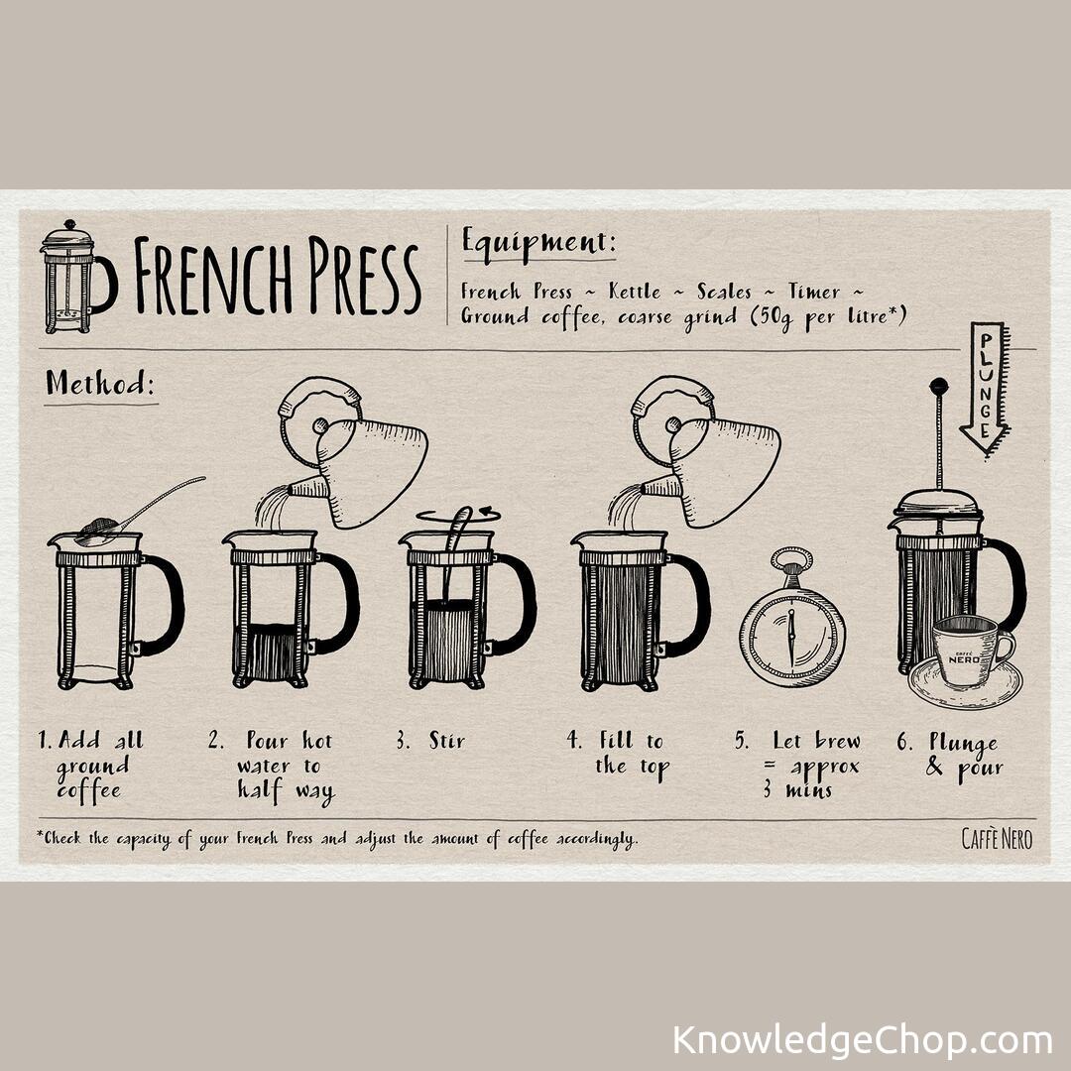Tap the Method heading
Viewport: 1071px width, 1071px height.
[x=100, y=383]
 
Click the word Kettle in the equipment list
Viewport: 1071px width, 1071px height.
[x=635, y=292]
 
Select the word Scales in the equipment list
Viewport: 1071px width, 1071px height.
[x=724, y=292]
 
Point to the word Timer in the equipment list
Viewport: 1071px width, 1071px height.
[x=813, y=292]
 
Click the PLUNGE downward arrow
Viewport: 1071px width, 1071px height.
[x=986, y=390]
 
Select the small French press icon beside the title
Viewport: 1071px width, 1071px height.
[x=78, y=277]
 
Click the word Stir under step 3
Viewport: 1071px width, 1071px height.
[x=446, y=741]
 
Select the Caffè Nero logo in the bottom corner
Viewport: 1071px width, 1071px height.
[x=997, y=839]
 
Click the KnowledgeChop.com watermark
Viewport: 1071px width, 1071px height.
[x=862, y=1040]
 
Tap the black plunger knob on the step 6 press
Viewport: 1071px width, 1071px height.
[x=939, y=386]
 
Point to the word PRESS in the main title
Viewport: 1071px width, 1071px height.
[x=363, y=276]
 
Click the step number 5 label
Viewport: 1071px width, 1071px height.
[x=741, y=741]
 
